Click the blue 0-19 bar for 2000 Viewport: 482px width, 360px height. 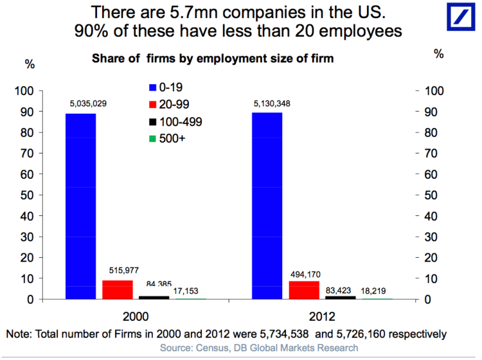80,206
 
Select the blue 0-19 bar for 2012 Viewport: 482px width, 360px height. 267,206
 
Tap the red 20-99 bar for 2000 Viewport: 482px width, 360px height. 118,290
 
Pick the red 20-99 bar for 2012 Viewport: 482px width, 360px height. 304,291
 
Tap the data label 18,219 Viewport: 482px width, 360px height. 377,290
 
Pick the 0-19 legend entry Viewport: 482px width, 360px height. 166,87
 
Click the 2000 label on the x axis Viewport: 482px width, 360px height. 136,318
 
